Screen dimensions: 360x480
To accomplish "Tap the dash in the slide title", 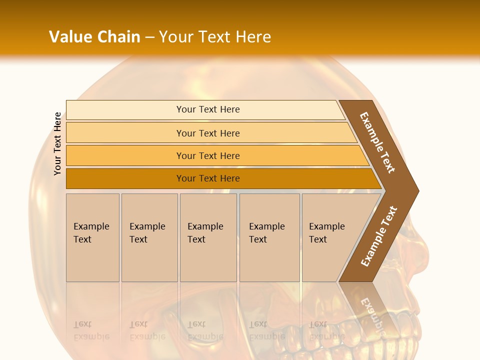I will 149,37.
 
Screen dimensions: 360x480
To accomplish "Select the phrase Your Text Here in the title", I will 215,36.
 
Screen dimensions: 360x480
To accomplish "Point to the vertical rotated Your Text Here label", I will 57,143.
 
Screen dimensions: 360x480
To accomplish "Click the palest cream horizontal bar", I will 205,109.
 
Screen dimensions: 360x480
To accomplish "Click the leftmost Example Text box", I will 92,237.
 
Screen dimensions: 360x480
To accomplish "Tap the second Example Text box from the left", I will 149,237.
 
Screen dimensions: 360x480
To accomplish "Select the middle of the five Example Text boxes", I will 208,237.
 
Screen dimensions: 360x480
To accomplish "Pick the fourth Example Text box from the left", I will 269,237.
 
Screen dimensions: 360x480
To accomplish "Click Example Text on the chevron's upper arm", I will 377,142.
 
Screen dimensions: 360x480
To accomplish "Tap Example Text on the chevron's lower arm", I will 379,236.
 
